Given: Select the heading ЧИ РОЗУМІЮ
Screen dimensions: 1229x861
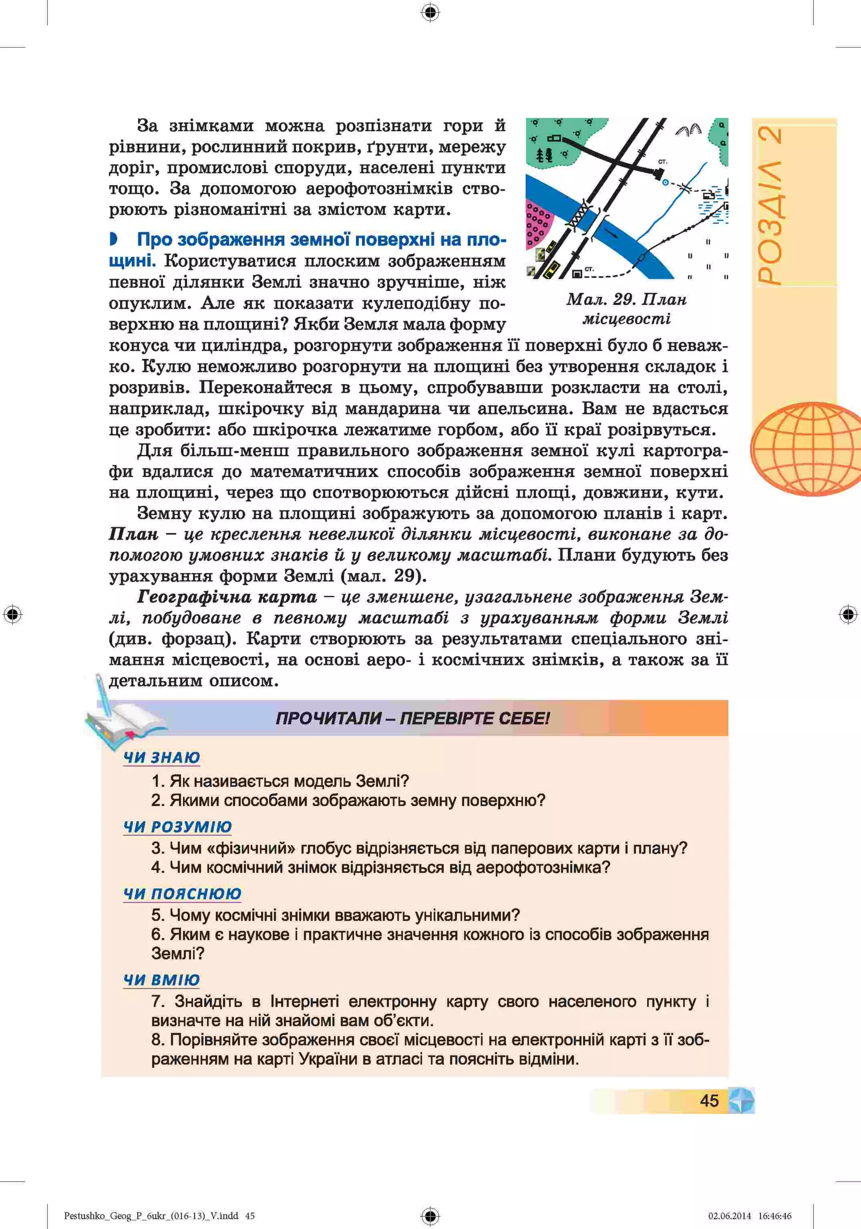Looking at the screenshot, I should click(177, 826).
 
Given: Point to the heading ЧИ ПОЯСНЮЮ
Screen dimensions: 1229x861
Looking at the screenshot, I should click(182, 893).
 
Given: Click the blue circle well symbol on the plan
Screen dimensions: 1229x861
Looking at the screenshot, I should click(665, 182).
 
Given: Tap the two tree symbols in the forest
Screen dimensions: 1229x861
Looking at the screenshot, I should click(544, 155).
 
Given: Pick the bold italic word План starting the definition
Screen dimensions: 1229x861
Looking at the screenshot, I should click(133, 534).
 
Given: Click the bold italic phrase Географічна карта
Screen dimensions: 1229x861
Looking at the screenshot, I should click(227, 597).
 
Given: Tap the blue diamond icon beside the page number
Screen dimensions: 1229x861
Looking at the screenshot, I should click(741, 1100).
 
